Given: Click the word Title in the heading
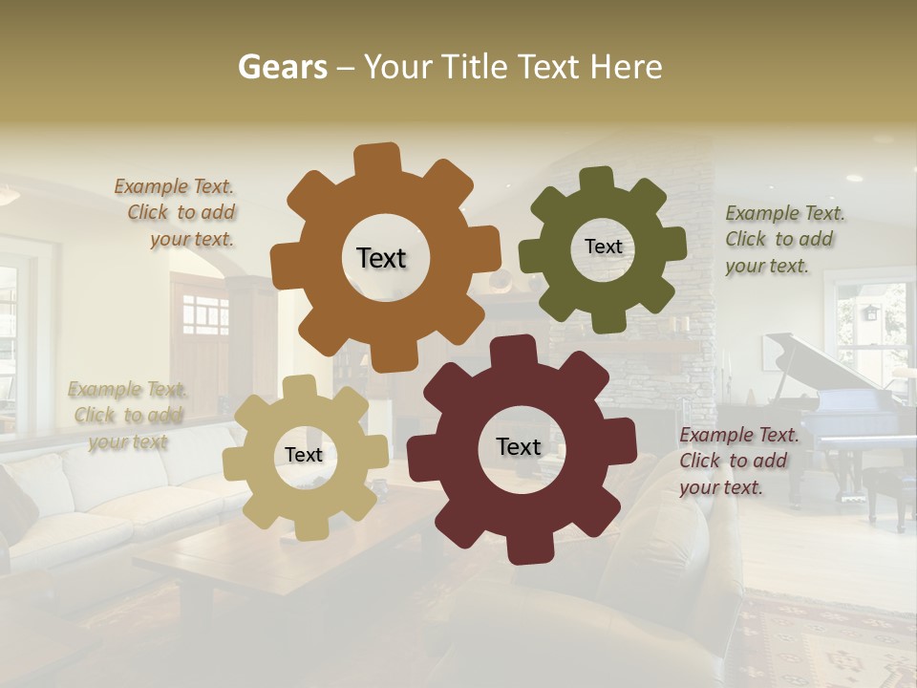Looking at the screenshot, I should [x=474, y=67].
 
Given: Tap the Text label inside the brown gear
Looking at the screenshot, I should [x=381, y=258].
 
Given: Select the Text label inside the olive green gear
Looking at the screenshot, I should [x=603, y=247].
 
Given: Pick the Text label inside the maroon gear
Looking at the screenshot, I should [x=519, y=447].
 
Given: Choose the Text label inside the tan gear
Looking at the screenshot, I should [x=304, y=456].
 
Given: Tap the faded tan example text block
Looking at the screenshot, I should [x=127, y=415].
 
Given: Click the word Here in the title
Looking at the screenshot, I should [x=627, y=67].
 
